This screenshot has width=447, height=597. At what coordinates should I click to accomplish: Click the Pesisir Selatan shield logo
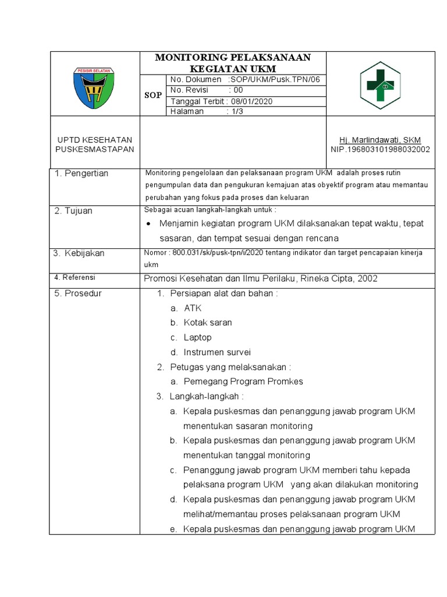[94, 87]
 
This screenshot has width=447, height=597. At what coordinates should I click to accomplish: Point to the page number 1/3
[235, 111]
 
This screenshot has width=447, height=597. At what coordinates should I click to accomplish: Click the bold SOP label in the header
[153, 95]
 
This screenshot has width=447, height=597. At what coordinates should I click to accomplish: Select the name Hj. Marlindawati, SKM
[380, 140]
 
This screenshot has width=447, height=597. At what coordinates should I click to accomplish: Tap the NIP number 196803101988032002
[380, 149]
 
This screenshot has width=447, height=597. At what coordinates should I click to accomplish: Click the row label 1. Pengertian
[81, 174]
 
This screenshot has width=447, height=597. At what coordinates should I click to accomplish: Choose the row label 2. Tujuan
[73, 211]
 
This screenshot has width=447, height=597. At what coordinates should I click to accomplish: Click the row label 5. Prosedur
[78, 293]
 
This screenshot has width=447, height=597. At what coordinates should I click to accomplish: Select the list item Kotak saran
[208, 322]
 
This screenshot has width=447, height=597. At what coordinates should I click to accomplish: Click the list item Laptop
[198, 338]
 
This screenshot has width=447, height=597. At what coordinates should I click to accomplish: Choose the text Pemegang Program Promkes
[243, 381]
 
